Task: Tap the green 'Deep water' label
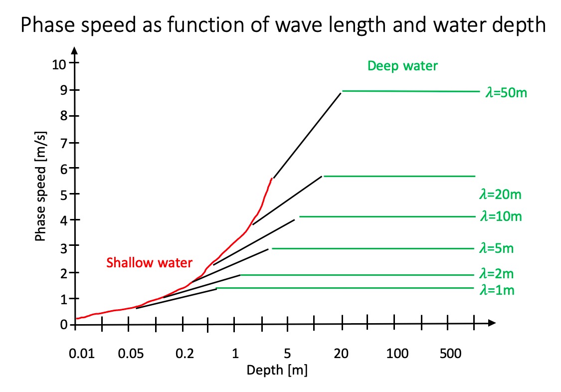click(x=402, y=66)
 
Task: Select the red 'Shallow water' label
click(x=149, y=263)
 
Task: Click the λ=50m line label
click(x=506, y=93)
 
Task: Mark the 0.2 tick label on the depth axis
click(x=185, y=355)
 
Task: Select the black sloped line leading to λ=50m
click(x=307, y=135)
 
